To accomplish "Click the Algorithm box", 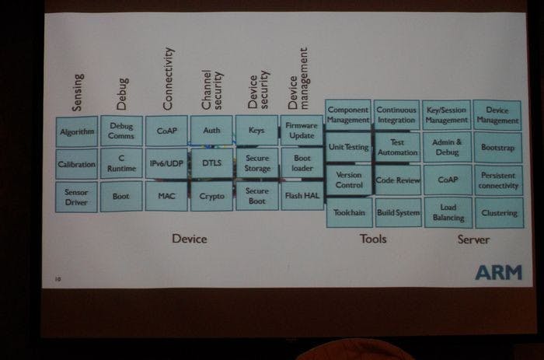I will [x=77, y=131].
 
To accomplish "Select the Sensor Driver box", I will [x=77, y=197].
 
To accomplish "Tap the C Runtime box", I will [x=121, y=164].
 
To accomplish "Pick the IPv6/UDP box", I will [x=166, y=164].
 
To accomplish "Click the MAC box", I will [x=166, y=197].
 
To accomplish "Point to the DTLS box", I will [x=211, y=164].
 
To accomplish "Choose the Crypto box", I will [x=211, y=197].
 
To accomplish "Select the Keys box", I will [x=256, y=131].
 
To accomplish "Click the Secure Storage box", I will [x=256, y=164].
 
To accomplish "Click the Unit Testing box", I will [x=347, y=146].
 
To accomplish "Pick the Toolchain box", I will [x=347, y=212].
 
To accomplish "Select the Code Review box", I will [x=397, y=180].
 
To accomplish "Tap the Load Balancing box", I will [x=446, y=213].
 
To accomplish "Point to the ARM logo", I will [x=498, y=272].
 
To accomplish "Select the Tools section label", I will [x=373, y=239].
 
